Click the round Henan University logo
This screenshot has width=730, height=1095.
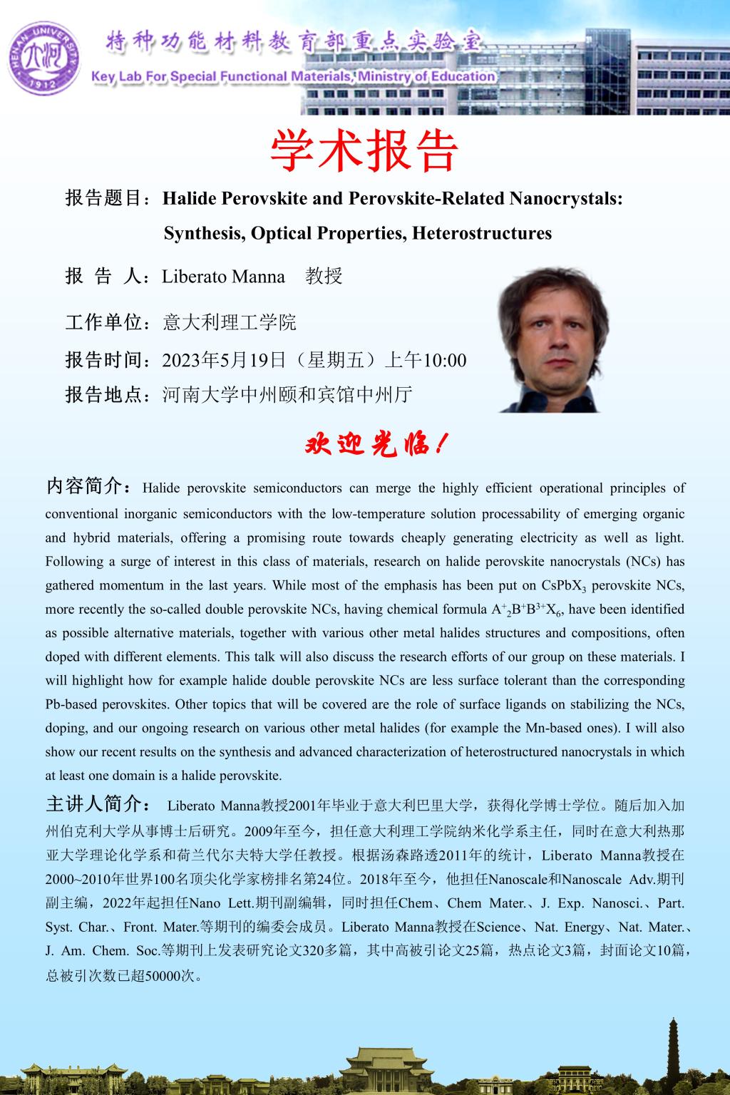[x=45, y=56]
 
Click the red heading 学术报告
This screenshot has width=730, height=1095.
[x=364, y=150]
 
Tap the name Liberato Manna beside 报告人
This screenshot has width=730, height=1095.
[x=223, y=276]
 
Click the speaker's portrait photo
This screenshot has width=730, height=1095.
[x=552, y=341]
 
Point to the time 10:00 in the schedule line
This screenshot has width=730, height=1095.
[x=446, y=359]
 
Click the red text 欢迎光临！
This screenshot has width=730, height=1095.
[x=376, y=445]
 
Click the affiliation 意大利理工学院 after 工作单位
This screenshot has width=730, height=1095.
[x=230, y=322]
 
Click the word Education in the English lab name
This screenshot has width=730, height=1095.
[x=466, y=76]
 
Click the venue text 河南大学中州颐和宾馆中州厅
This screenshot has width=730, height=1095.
[x=287, y=394]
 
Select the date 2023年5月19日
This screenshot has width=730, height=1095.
[x=224, y=359]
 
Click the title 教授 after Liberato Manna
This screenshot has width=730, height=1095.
[x=324, y=276]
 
